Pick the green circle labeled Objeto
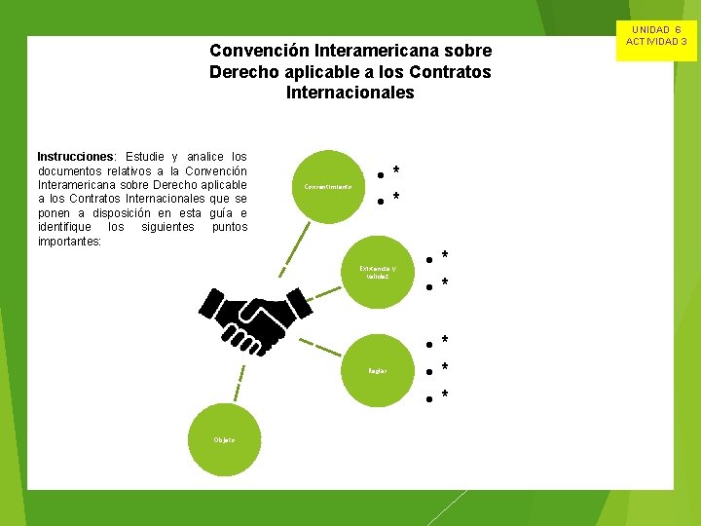click(224, 440)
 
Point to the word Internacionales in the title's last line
click(350, 94)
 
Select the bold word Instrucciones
click(75, 157)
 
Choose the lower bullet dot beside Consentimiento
click(380, 202)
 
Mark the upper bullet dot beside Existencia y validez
click(428, 260)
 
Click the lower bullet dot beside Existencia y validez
click(428, 287)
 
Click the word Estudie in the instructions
click(147, 157)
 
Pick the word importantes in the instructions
click(68, 241)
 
